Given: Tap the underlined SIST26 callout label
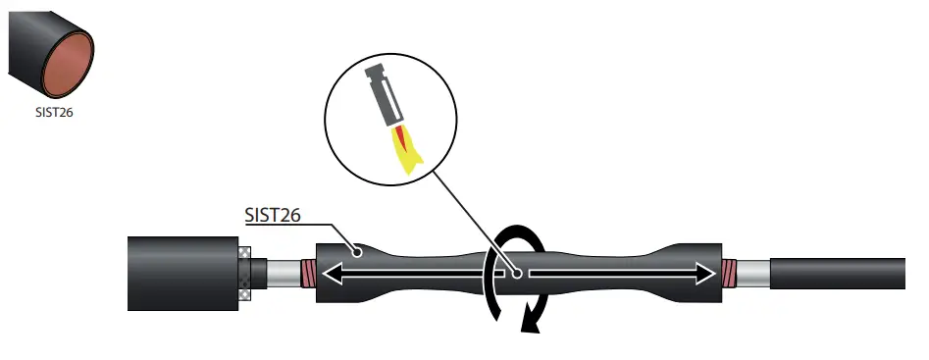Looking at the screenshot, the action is [x=271, y=215].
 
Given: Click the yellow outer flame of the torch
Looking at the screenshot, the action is [x=403, y=154].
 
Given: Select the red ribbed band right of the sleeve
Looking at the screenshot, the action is [x=730, y=272].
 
